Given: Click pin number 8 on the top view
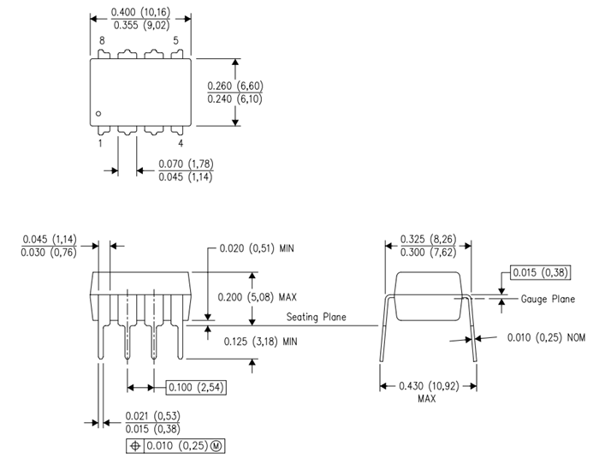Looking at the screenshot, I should point(102,41).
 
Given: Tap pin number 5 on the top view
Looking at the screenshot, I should point(176,41).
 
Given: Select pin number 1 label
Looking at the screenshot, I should point(100,144).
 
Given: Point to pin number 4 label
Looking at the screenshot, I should point(180,144).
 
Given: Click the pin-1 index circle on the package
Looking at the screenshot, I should point(99,113).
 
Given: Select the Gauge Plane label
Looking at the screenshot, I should point(548,299).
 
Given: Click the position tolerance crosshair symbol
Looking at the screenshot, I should point(135,446).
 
